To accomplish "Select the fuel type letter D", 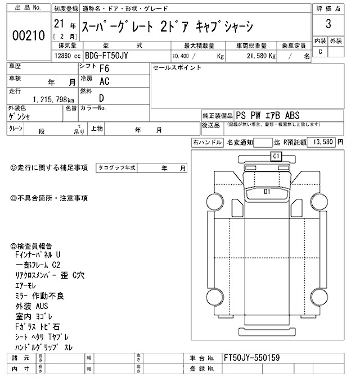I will coord(101,98).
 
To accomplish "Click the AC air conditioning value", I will coord(104,81).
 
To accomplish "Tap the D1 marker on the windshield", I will coord(268,192).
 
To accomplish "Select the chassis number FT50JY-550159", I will coord(251,358).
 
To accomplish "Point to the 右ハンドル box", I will coord(207,143).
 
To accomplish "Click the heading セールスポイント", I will coord(177,67).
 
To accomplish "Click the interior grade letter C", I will coord(320,52).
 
